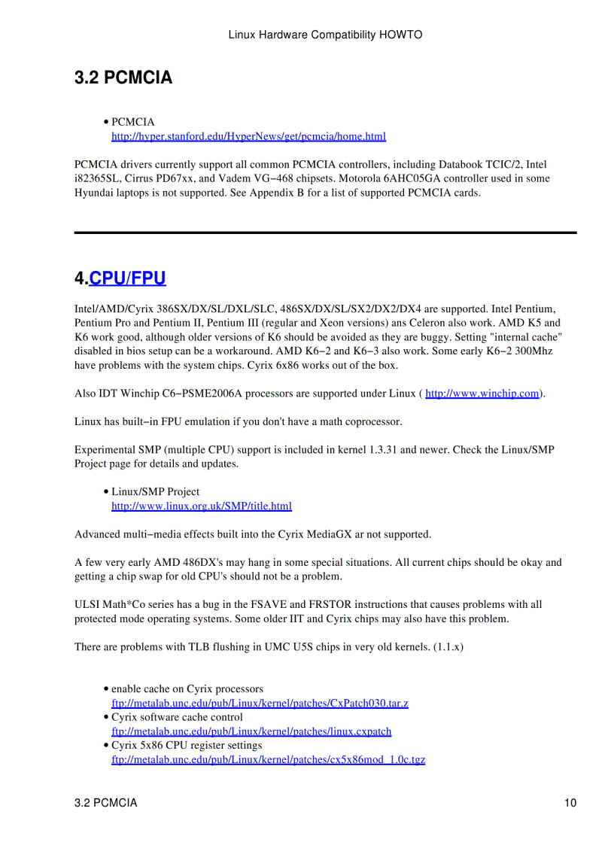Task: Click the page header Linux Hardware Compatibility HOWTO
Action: point(324,35)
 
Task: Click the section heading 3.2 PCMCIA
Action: point(123,78)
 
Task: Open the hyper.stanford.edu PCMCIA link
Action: point(248,136)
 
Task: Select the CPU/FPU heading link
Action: point(127,278)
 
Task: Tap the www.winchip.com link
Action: point(482,394)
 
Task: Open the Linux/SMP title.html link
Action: point(201,506)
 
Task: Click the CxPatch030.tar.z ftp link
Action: point(260,704)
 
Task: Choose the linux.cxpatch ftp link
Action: point(251,731)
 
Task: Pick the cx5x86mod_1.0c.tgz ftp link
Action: point(268,760)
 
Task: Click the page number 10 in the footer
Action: point(570,803)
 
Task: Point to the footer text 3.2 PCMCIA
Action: point(106,803)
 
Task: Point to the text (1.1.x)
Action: point(448,647)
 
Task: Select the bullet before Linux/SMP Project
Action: point(106,492)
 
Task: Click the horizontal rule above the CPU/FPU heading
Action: point(325,233)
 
